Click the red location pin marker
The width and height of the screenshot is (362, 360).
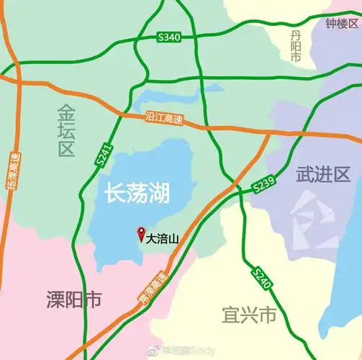[x=140, y=234]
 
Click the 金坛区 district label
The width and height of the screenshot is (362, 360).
[x=66, y=130]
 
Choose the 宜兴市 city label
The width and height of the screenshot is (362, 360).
[x=248, y=315]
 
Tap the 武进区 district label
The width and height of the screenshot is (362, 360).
[x=322, y=174]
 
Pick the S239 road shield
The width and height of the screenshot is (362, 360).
[x=264, y=185]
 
